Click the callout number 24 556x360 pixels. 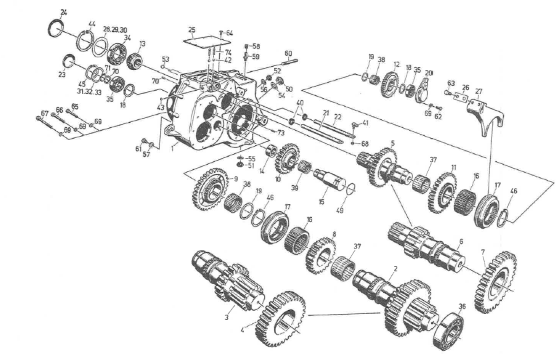(x=63, y=13)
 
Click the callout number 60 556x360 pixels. (x=288, y=53)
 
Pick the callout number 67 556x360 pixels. (x=45, y=111)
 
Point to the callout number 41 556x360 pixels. (x=365, y=123)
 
